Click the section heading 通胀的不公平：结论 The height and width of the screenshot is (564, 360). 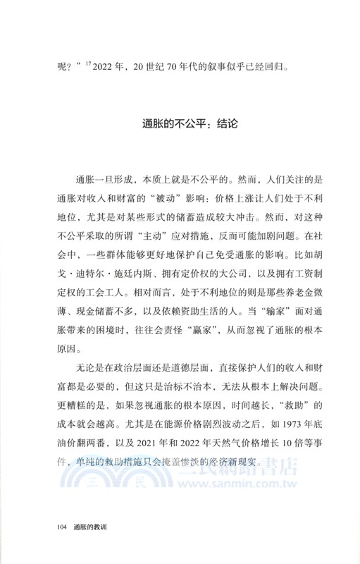tap(180, 122)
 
